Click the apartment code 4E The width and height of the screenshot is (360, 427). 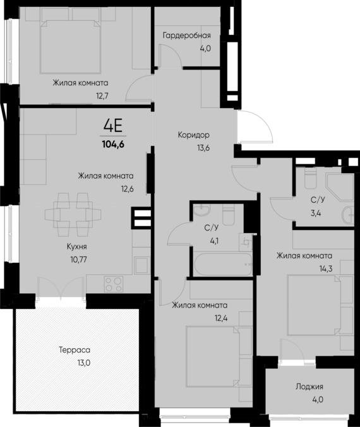(x=114, y=124)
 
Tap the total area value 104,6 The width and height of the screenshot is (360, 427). (x=114, y=143)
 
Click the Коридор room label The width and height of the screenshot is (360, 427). (x=193, y=135)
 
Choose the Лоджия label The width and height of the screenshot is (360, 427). (x=309, y=387)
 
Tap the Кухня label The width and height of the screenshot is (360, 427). (x=76, y=246)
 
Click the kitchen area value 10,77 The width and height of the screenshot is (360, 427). (x=79, y=258)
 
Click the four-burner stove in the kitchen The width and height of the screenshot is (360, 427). (x=114, y=283)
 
